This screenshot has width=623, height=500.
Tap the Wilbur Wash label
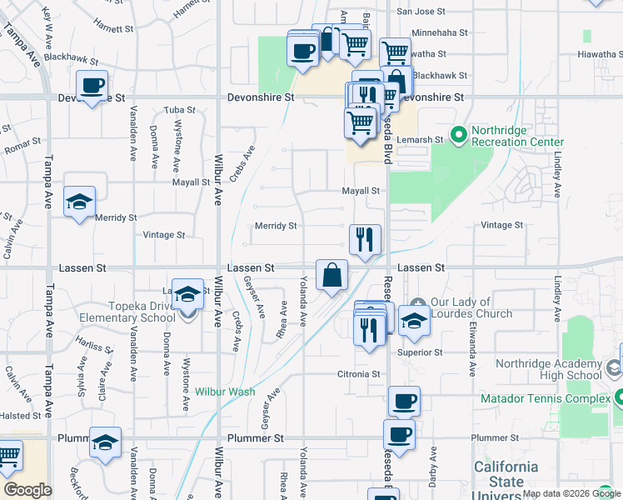coord(225,391)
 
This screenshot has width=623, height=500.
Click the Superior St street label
coord(421,352)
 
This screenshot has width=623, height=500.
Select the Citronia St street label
coord(358,374)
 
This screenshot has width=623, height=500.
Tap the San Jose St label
coord(421,12)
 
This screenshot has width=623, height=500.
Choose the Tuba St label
coord(179,110)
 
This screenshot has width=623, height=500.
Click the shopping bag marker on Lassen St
coord(331,275)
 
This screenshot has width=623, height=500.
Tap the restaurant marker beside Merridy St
coord(365,240)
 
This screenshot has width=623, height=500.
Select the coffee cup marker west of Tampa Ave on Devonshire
coord(92,84)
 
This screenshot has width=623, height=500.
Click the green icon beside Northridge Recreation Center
coord(457,132)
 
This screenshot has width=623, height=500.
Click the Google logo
coord(27,490)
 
